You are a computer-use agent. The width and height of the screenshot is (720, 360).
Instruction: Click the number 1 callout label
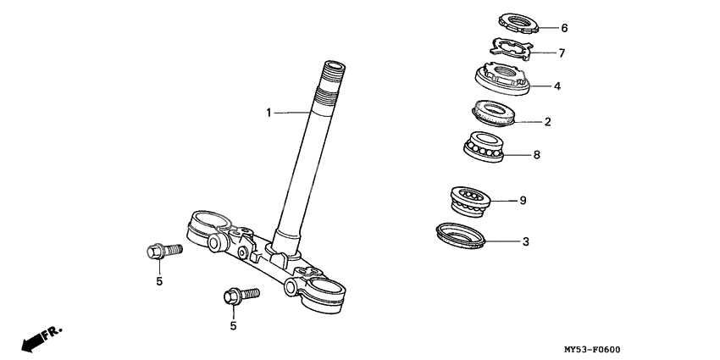click(x=269, y=112)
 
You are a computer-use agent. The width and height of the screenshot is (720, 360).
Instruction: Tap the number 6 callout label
click(x=565, y=27)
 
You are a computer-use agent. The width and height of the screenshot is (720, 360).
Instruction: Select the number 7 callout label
click(x=561, y=53)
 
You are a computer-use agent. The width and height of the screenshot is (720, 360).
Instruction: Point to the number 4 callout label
click(x=557, y=86)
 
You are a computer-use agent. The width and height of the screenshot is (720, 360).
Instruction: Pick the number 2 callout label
click(x=548, y=122)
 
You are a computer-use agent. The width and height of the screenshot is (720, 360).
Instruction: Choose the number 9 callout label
click(x=523, y=201)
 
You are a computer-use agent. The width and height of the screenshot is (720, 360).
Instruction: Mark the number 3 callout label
click(x=525, y=241)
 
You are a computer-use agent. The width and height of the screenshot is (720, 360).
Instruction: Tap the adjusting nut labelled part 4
click(x=501, y=79)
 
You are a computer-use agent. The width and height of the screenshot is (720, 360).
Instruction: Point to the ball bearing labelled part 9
click(x=471, y=202)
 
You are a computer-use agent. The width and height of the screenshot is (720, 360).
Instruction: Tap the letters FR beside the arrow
click(x=53, y=330)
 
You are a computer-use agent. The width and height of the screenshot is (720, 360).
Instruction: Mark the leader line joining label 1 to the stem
click(x=293, y=112)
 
